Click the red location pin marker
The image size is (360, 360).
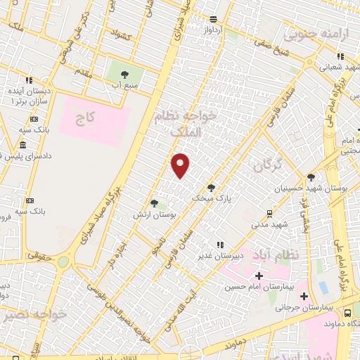(181, 166)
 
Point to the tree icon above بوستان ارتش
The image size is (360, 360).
(154, 203)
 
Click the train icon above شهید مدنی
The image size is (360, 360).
(269, 213)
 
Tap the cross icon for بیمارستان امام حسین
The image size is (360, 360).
(260, 275)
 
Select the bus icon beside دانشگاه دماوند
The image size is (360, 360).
(348, 311)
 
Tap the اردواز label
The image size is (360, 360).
(213, 30)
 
